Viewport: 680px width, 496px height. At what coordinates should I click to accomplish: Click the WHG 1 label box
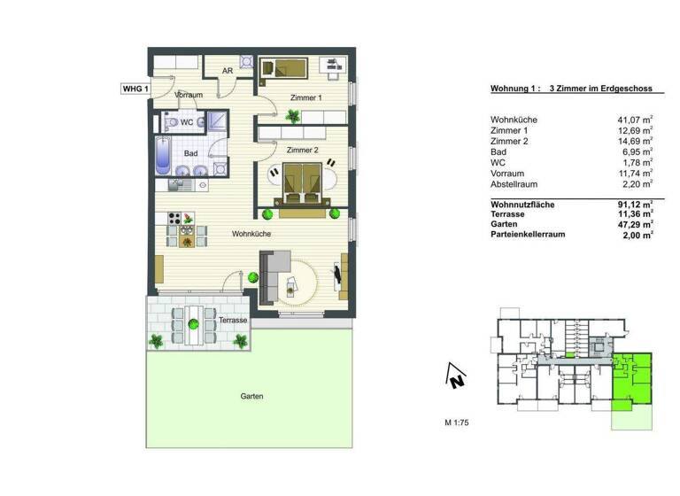pyautogui.click(x=135, y=89)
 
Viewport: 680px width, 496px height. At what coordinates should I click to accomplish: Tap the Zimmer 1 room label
pyautogui.click(x=305, y=97)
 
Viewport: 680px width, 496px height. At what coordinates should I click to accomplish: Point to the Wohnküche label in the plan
pyautogui.click(x=251, y=234)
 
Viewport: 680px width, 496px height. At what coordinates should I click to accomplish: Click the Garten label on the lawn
pyautogui.click(x=251, y=397)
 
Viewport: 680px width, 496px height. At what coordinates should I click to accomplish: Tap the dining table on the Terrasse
pyautogui.click(x=190, y=324)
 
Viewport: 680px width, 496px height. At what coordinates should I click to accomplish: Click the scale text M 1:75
pyautogui.click(x=456, y=423)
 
